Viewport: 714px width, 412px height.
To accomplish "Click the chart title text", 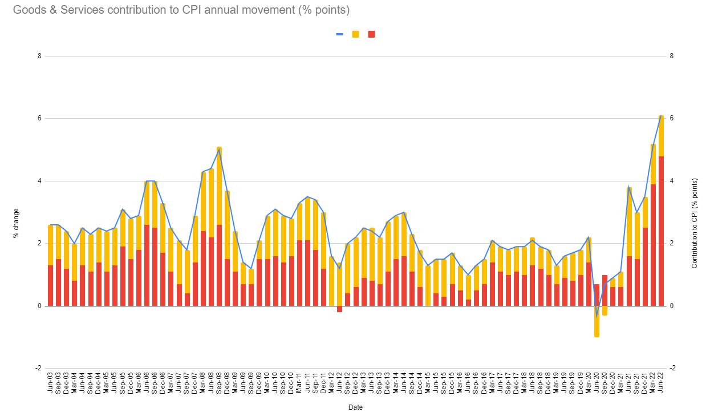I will click(181, 10).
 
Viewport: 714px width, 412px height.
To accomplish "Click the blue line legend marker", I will click(339, 34).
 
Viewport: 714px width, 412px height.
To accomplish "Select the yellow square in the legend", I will click(355, 34).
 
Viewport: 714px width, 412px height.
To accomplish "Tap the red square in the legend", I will click(371, 34).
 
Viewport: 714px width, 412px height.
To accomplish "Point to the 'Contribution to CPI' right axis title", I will click(694, 223).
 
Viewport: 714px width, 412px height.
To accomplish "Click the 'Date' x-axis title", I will click(355, 407).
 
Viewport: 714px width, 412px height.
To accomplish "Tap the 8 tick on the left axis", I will click(40, 56).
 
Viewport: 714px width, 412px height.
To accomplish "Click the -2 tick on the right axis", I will click(672, 368).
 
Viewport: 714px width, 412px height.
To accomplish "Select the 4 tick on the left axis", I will click(40, 181).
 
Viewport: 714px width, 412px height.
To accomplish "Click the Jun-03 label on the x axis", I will click(50, 382).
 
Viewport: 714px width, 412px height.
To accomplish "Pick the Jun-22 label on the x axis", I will click(662, 382).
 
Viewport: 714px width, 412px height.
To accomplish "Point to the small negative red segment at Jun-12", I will click(339, 309).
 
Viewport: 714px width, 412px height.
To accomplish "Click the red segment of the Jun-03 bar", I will click(50, 285).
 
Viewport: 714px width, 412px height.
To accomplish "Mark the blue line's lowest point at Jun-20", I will click(597, 315).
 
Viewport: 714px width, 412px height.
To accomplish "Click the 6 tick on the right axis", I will click(672, 118).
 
